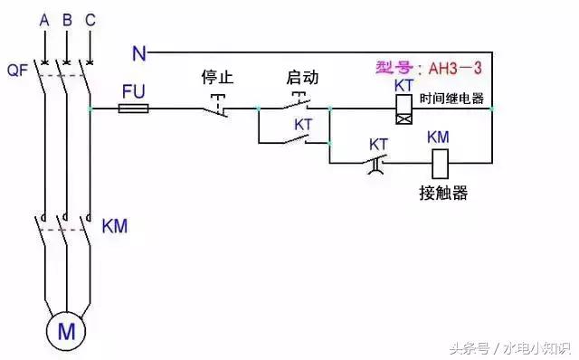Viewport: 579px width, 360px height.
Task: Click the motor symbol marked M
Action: pos(66,330)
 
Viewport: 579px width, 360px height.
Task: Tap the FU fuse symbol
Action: pos(134,109)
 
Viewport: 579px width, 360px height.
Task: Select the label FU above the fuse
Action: pos(133,90)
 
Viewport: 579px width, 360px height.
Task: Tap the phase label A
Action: pos(43,19)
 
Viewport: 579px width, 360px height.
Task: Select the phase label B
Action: pos(66,19)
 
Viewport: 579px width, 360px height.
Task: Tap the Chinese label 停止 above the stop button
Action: pos(218,78)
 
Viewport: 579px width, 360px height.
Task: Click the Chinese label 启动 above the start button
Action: pos(302,78)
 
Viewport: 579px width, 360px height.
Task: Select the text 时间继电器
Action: pos(452,98)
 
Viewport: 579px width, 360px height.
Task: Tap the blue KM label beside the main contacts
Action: pos(115,225)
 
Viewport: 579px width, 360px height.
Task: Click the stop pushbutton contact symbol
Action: pos(216,107)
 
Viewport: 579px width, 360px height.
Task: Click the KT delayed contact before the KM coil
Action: pos(377,163)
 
